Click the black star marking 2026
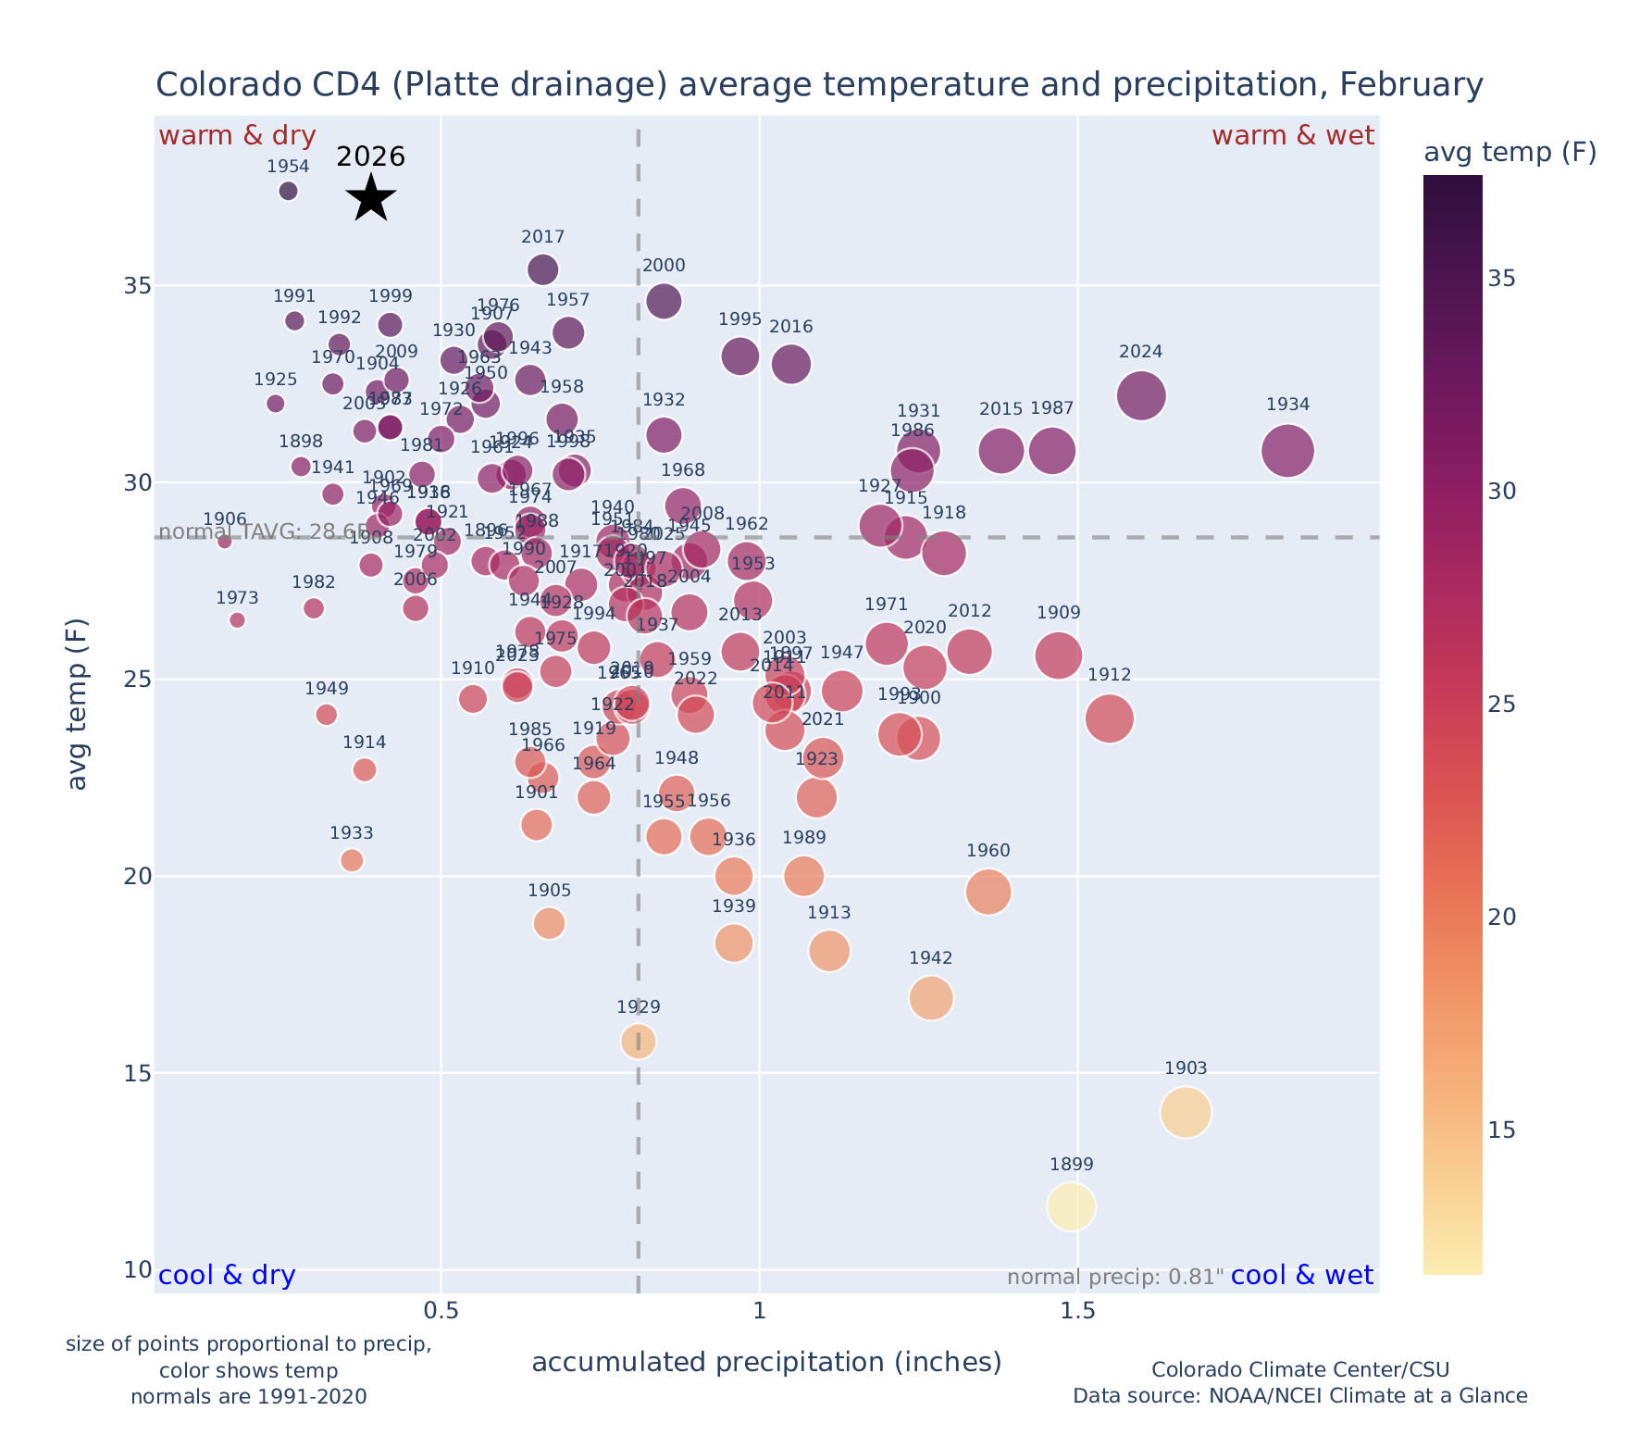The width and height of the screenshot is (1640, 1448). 371,197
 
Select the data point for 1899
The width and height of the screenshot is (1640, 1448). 1072,1206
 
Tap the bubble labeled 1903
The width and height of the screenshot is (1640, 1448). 1186,1111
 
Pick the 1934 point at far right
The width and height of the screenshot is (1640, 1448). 1287,451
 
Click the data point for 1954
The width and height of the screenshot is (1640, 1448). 288,191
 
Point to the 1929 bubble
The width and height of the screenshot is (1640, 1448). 639,1041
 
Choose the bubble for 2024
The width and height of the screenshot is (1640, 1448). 1141,395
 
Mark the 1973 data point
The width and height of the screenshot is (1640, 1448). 238,620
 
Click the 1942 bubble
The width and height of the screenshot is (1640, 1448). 931,997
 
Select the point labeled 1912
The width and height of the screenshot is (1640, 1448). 1110,718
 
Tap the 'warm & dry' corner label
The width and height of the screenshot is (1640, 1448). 238,136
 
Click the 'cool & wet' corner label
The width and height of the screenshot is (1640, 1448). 1302,1276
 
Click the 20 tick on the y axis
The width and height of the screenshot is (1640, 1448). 138,877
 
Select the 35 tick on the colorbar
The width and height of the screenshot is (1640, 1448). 1502,279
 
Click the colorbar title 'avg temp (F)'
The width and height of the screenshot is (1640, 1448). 1510,153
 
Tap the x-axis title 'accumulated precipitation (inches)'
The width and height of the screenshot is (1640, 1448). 766,1362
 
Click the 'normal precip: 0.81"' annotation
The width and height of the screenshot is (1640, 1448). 1115,1278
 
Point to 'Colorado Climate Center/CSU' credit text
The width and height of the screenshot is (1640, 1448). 1300,1369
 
